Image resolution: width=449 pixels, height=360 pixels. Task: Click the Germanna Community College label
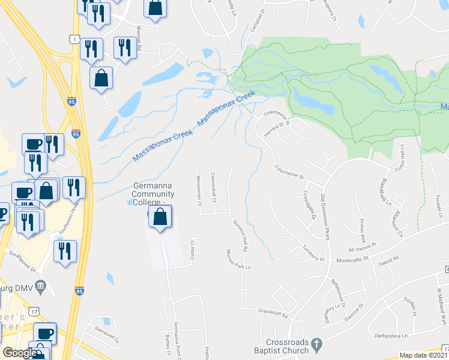pyautogui.click(x=154, y=194)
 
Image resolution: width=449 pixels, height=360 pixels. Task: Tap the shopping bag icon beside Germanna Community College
pyautogui.click(x=160, y=218)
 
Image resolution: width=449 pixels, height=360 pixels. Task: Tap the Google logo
pyautogui.click(x=20, y=353)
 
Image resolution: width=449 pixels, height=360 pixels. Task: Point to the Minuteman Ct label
pyautogui.click(x=199, y=190)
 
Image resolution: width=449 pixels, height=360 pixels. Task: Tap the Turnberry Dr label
pyautogui.click(x=313, y=254)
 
